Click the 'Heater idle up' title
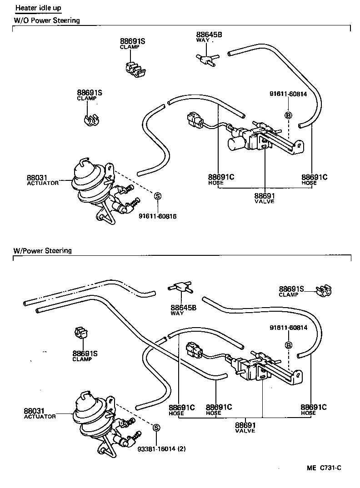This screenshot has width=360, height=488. pos(38,8)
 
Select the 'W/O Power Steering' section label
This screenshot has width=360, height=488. pos(46,20)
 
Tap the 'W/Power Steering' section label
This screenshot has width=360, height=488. pos(42,250)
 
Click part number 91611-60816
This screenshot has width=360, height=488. pos(157,216)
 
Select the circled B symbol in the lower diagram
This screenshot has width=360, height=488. pos(288,345)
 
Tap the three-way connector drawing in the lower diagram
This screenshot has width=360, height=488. pos(181,287)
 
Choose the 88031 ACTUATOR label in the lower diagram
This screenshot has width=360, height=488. pos(40,413)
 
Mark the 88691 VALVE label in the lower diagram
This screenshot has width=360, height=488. pos(245,428)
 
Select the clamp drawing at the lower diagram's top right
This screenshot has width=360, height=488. pos(325,291)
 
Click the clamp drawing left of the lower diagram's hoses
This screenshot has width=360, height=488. pos(80,334)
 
